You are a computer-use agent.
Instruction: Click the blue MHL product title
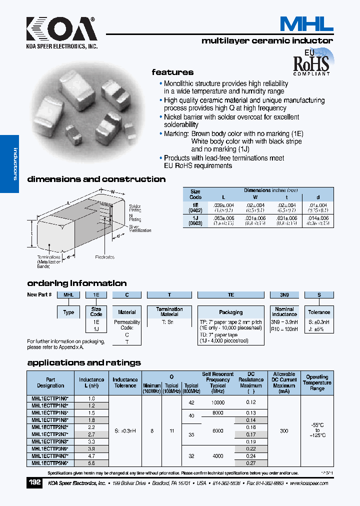tap(306, 23)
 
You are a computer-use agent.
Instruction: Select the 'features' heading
tap(172, 72)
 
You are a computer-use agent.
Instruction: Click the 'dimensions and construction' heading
tap(96, 179)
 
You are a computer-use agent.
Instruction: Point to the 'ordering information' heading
tap(76, 283)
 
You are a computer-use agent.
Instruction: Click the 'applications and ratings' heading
tap(83, 362)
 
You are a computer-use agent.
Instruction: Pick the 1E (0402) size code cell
tap(195, 207)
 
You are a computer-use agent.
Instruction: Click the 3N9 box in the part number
tap(284, 295)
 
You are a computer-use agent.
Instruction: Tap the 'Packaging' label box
tap(230, 312)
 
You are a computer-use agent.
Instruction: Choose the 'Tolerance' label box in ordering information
tap(319, 312)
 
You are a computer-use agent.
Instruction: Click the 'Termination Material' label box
tap(169, 311)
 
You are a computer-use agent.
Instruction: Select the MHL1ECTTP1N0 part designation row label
tap(50, 398)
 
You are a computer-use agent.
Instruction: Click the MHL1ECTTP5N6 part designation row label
tap(50, 463)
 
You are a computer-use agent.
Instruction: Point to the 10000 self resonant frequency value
tap(218, 402)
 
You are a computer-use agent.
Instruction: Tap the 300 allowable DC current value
tap(284, 430)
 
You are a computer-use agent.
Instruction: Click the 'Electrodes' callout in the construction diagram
tap(104, 257)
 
